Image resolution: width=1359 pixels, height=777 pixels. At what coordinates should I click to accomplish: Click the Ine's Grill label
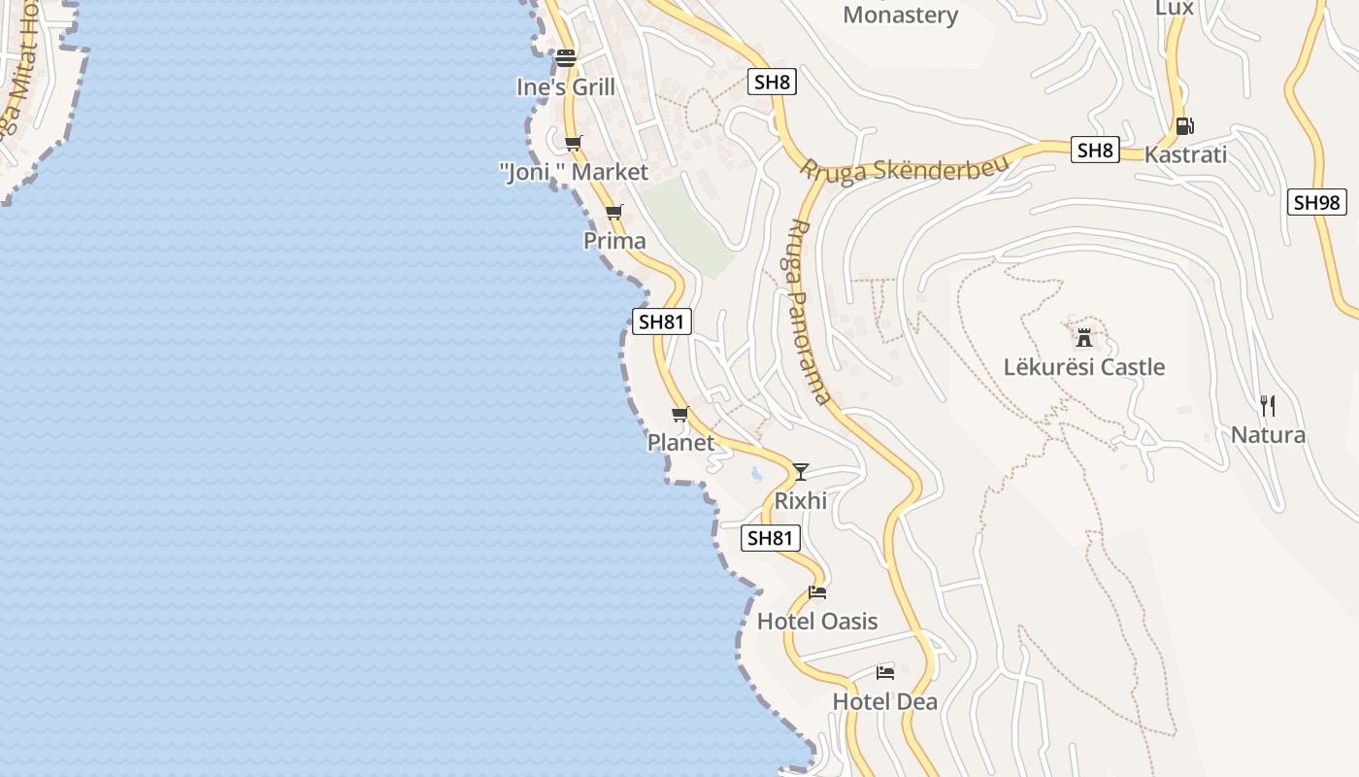[565, 86]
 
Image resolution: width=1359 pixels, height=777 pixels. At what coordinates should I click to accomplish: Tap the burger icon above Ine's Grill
[566, 58]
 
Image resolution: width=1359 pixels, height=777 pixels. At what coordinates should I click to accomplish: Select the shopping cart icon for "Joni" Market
[573, 144]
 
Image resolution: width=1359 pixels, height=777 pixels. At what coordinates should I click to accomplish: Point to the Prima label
[613, 240]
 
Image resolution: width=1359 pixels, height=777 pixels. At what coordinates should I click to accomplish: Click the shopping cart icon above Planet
[679, 415]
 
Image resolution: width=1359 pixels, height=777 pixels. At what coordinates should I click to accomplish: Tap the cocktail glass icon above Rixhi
[800, 472]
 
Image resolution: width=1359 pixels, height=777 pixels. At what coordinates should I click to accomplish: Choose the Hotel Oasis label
[816, 622]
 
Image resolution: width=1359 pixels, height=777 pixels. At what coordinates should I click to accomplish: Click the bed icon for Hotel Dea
[884, 672]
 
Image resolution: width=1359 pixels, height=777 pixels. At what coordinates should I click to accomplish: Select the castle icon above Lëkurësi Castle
[1084, 338]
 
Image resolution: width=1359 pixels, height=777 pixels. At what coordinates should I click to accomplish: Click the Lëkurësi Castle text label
[1083, 367]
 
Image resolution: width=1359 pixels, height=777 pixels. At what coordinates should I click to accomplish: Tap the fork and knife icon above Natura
[1267, 405]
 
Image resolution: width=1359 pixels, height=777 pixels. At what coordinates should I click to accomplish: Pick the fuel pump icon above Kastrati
[1183, 125]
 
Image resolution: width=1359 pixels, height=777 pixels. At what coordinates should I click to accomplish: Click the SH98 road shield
[1316, 202]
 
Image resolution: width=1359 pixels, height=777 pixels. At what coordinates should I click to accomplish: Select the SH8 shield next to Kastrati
[1095, 151]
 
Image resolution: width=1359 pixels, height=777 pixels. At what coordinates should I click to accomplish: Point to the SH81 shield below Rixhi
[770, 538]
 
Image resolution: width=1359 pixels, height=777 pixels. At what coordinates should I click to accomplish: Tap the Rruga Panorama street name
[807, 310]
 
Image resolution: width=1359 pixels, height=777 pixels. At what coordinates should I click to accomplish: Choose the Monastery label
[900, 15]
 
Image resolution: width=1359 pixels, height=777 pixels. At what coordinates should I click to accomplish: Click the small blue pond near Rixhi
[755, 475]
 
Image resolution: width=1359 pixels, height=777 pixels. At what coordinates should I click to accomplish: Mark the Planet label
[680, 442]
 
